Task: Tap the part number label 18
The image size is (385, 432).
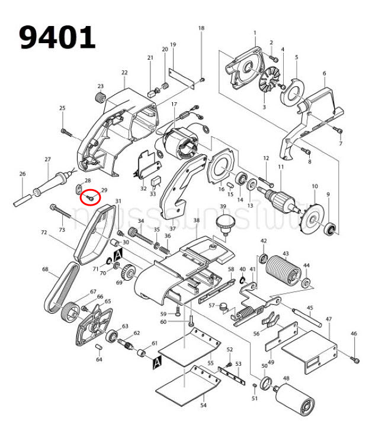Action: tap(201, 28)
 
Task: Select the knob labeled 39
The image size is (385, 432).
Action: tap(224, 224)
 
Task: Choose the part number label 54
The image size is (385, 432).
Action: tap(203, 406)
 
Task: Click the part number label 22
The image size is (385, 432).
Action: tap(124, 73)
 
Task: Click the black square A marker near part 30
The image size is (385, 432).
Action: tap(117, 254)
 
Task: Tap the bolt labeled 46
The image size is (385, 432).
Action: tap(355, 359)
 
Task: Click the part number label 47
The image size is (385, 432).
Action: tap(328, 319)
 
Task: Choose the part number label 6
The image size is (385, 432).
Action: tap(324, 73)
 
